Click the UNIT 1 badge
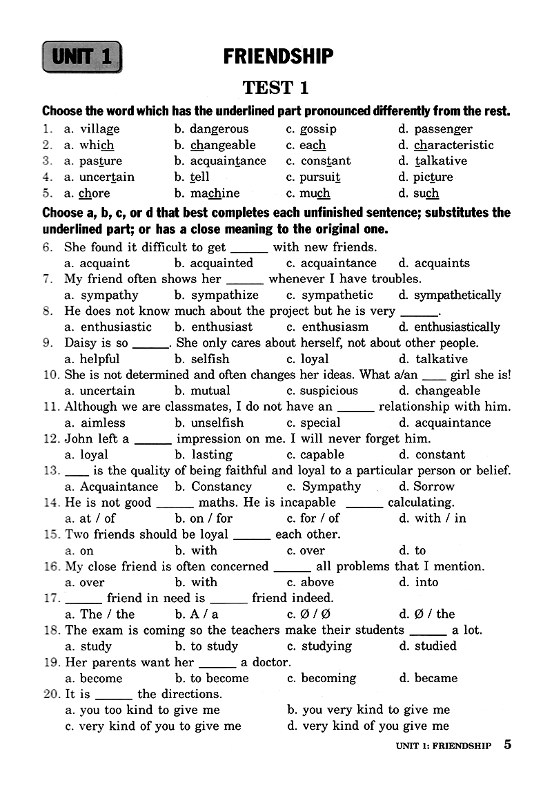coord(81,57)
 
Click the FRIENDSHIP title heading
coord(278,56)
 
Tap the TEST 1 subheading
coord(275,88)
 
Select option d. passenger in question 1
coord(435,129)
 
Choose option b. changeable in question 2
coord(215,145)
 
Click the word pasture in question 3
coord(93,161)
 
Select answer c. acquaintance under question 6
coord(331,263)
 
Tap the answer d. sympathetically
coord(450,295)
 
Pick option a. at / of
coord(90,519)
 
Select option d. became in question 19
coord(428,678)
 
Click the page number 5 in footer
coord(507,744)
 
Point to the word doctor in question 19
coord(271,662)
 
